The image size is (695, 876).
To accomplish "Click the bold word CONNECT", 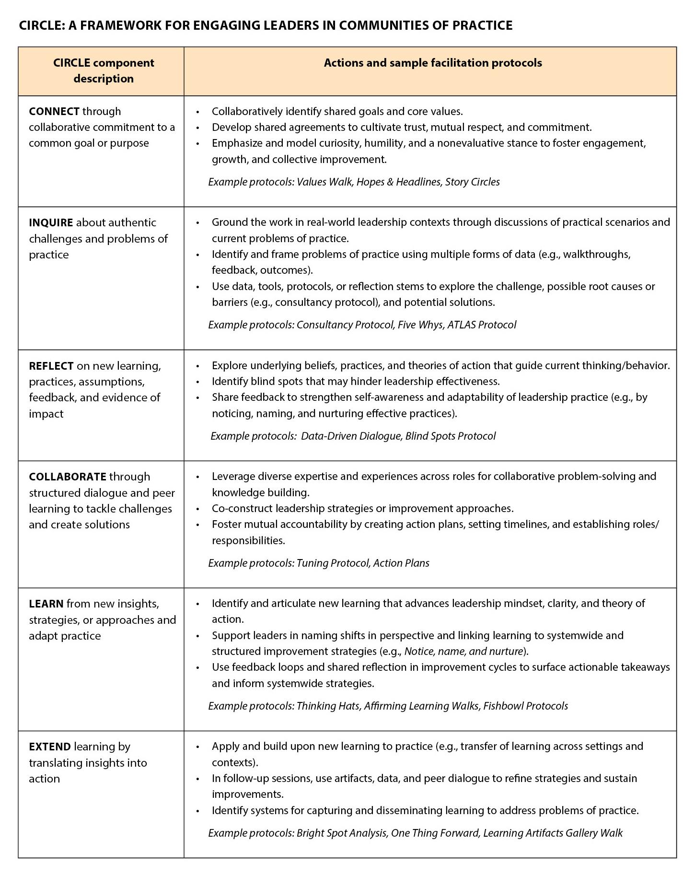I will point(54,111).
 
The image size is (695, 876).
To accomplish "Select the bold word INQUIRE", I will point(51,222).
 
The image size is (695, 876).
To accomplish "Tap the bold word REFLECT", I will point(51,366).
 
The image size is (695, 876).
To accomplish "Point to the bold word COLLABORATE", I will point(67,477).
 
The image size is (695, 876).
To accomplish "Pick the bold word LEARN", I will point(46,604).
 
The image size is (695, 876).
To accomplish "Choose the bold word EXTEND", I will point(50,747).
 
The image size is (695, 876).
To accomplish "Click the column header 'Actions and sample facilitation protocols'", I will point(433,63).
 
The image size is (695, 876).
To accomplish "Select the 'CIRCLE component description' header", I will point(104,70).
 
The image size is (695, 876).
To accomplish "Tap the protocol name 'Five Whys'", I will point(420,325).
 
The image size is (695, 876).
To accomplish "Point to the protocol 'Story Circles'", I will point(472,182).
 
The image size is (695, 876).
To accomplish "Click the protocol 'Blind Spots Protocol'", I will point(450,436).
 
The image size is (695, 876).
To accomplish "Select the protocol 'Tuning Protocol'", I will point(332,563).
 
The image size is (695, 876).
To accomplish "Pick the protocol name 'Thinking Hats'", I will point(328,706).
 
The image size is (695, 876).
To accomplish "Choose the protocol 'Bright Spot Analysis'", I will point(342,833).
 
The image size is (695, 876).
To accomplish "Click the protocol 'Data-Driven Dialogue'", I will point(350,436).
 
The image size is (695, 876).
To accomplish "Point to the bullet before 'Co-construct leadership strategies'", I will point(197,509).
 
